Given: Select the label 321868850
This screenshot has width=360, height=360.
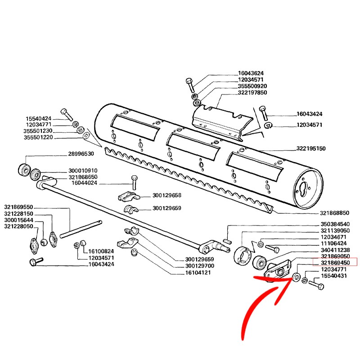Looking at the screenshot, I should [x=335, y=213].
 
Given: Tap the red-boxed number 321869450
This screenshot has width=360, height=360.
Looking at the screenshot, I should [x=335, y=262].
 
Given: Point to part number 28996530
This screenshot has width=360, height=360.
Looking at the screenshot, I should [x=81, y=154].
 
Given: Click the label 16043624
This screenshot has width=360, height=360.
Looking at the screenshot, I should [x=251, y=73].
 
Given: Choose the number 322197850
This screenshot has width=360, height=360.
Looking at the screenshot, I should [x=252, y=92].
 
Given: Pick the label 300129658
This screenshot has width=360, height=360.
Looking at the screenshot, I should [x=166, y=196].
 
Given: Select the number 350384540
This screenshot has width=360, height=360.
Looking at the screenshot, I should [x=335, y=224].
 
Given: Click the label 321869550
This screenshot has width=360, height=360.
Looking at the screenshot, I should [x=18, y=207].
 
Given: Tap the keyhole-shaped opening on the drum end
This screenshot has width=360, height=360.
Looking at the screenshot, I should [x=304, y=187].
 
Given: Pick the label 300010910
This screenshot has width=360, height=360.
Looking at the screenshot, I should [x=83, y=171].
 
